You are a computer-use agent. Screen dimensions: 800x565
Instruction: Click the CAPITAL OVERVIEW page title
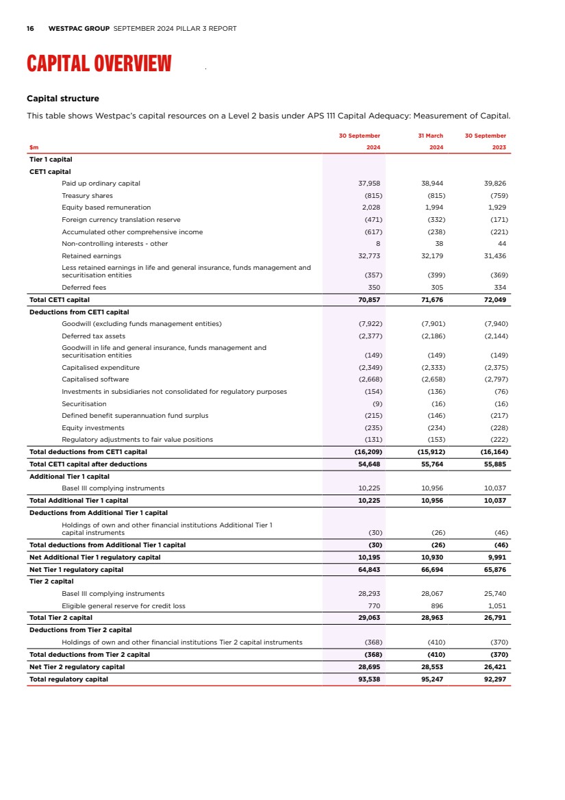pos(99,64)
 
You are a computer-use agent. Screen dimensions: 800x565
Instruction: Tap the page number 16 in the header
pos(30,29)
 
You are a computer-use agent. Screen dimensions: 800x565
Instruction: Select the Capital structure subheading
pos(62,99)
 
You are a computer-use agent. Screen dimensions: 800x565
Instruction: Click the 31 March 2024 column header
pos(431,141)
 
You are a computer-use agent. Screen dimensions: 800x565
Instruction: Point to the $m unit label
pos(34,147)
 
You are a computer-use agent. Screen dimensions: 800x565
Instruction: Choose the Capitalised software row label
pos(95,379)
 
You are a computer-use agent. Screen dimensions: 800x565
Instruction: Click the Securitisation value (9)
pos(375,404)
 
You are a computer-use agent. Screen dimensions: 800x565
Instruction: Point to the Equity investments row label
pos(93,428)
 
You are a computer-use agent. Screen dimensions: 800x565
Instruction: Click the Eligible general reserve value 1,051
pos(496,606)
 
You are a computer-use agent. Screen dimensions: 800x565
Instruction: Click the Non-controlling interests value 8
pos(379,244)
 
